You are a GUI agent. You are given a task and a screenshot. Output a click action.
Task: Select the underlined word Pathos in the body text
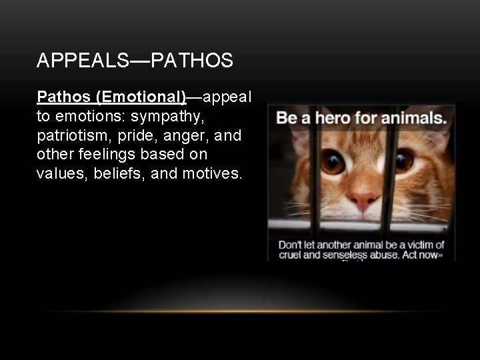click(x=64, y=97)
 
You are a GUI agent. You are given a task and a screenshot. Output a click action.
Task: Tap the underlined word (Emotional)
click(x=141, y=97)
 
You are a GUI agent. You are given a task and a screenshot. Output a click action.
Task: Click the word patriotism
click(x=71, y=135)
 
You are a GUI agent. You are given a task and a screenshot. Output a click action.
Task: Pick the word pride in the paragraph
click(x=135, y=135)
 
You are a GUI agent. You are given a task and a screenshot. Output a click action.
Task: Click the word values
click(x=61, y=173)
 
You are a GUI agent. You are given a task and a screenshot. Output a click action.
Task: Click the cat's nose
click(x=363, y=199)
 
